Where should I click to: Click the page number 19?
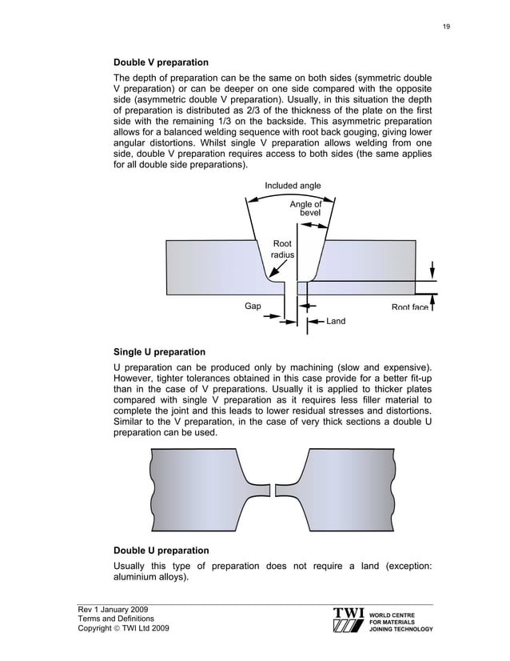(x=446, y=26)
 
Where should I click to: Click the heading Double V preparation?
(x=161, y=62)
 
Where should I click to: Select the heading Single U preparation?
(x=159, y=352)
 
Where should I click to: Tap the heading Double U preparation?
(x=161, y=551)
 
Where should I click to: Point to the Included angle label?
(x=293, y=186)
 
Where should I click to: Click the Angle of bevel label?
(x=305, y=209)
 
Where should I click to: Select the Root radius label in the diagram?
(x=282, y=249)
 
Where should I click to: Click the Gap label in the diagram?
(x=253, y=306)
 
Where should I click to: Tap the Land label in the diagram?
(x=336, y=321)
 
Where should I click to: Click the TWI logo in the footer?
(x=349, y=621)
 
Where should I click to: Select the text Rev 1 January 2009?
(x=112, y=611)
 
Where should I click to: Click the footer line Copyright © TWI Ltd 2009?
(x=123, y=629)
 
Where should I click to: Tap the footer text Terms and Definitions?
(x=118, y=620)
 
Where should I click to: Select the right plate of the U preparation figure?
(x=344, y=489)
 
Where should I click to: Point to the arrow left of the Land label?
(x=317, y=321)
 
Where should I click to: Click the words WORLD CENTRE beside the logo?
(x=394, y=615)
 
